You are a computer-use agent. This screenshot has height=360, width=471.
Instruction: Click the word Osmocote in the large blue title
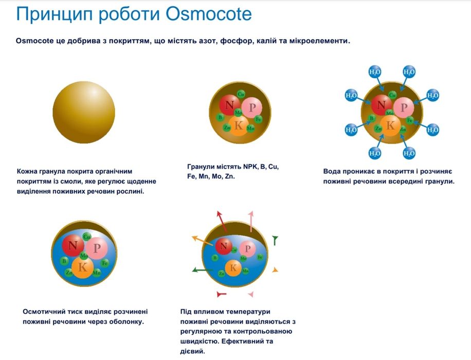(209, 14)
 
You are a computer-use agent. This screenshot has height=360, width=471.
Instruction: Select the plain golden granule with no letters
(84, 112)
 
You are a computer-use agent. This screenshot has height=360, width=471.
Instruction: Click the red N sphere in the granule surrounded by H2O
(382, 105)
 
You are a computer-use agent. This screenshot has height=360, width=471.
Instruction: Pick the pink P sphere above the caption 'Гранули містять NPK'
(252, 107)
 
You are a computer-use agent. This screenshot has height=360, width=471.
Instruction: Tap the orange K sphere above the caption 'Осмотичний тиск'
(83, 267)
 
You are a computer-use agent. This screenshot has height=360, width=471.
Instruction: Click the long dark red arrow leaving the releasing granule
(222, 222)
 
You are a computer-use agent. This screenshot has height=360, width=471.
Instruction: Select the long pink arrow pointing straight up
(251, 222)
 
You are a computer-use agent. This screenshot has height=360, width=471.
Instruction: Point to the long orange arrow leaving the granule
(203, 241)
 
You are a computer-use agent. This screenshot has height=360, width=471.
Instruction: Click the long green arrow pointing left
(203, 270)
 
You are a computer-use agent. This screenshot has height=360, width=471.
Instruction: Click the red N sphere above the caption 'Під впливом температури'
(224, 246)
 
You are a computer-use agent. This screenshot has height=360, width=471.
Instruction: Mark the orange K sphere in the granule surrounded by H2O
(390, 125)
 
